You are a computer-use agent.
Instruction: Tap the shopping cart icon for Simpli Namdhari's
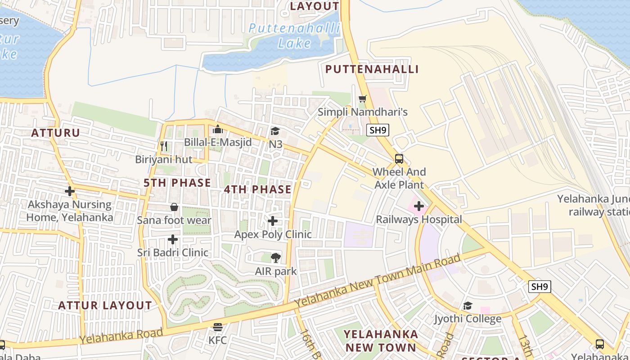coord(362,99)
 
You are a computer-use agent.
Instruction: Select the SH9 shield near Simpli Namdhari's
coord(378,130)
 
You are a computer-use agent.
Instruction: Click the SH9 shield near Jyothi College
coord(540,287)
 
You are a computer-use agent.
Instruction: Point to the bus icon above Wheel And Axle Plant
coord(399,158)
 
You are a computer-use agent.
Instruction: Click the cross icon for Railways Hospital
coord(419,206)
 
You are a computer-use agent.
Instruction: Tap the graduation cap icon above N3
coord(275,131)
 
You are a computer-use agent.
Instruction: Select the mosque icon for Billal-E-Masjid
coord(218,129)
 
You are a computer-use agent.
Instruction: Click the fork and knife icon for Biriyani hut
coord(164,146)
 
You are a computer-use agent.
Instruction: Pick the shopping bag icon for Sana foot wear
coord(174,207)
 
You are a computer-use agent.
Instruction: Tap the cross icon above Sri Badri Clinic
coord(173,239)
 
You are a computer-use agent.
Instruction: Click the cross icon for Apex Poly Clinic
coord(273,221)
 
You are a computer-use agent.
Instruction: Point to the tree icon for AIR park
coord(276,258)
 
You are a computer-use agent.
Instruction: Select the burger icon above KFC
coord(218,327)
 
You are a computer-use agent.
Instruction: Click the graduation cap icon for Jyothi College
coord(468,306)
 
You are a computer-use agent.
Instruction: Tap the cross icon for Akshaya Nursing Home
coord(69,191)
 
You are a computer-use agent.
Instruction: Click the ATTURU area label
coord(55,133)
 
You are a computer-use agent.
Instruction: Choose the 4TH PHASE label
coord(258,189)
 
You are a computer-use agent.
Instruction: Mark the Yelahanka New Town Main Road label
coord(378,282)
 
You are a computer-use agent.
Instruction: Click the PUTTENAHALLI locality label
coord(372,69)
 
